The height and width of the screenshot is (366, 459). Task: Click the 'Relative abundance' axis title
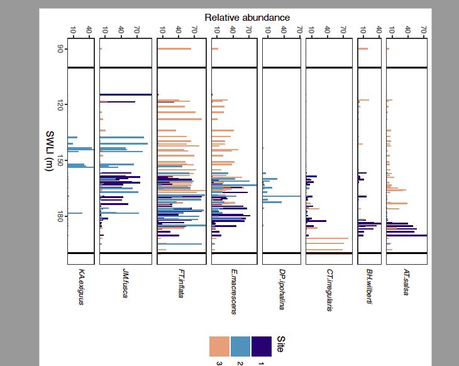tap(247, 17)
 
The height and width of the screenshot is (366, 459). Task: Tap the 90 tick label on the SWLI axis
tap(60, 48)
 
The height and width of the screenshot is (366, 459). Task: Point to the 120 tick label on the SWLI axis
tap(60, 104)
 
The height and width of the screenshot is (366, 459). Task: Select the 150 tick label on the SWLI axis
tap(60, 161)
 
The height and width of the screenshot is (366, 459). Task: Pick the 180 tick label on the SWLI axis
tap(60, 217)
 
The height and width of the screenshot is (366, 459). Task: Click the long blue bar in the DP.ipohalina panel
tap(282, 196)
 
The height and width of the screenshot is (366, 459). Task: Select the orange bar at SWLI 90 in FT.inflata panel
tap(174, 48)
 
